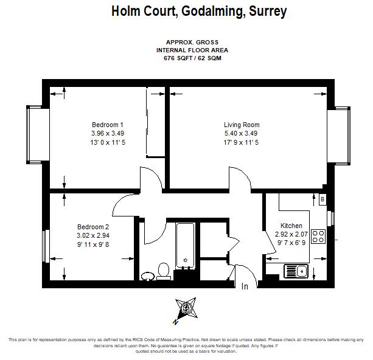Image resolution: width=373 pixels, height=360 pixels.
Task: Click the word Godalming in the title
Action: point(213,12)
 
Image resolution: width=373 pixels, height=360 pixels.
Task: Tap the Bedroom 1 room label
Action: point(108,125)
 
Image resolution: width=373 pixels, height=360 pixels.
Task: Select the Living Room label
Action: point(242,125)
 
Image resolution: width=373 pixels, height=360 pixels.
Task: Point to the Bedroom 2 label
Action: point(93,227)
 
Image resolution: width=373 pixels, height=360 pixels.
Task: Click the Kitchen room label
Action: point(291,226)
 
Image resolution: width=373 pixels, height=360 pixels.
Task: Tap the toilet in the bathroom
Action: point(164,271)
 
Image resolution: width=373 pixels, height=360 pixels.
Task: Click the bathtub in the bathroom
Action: point(186,246)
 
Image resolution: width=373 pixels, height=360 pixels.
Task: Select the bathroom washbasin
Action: point(148,277)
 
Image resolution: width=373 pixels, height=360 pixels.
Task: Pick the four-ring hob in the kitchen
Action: point(318,237)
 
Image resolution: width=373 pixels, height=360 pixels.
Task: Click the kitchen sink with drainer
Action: point(296,271)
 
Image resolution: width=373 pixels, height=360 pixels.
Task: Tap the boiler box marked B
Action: point(322,199)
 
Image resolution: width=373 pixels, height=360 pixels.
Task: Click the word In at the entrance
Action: point(245,286)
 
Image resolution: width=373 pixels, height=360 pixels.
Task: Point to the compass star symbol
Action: point(186,309)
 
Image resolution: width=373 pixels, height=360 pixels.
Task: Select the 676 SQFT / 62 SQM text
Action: point(192,58)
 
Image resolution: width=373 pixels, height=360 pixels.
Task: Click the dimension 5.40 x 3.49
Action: point(241,133)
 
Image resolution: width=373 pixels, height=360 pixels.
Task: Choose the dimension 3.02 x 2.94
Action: point(93,235)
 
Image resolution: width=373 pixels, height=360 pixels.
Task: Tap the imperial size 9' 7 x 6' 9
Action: point(291,243)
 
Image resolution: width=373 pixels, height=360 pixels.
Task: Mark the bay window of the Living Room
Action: point(338,136)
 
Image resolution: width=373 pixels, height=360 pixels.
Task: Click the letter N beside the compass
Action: point(176,322)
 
